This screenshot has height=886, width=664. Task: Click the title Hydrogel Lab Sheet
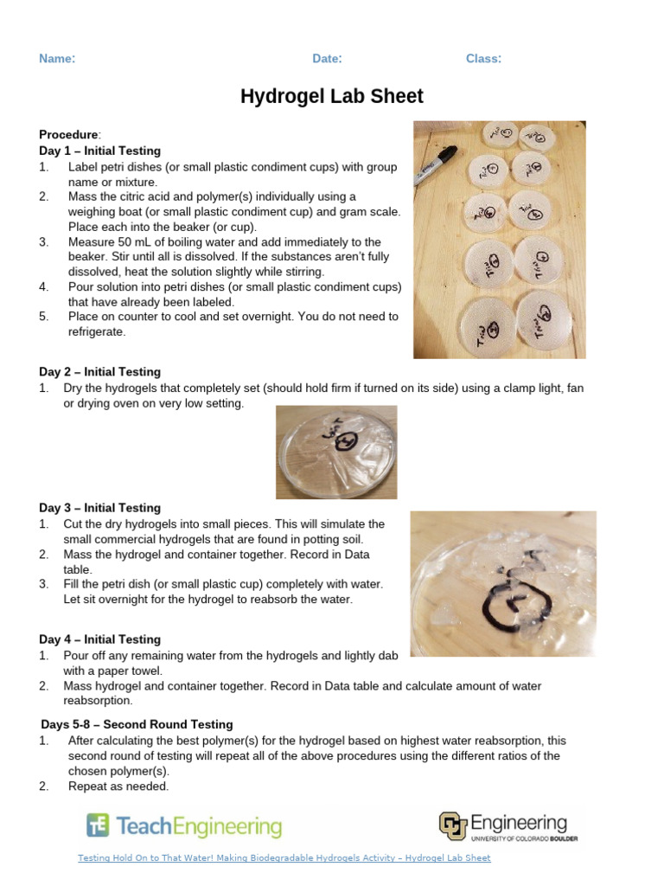(x=332, y=96)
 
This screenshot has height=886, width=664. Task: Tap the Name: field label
(x=57, y=59)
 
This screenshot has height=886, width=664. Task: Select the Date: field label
(x=327, y=59)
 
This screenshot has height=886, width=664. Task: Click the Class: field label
(x=483, y=59)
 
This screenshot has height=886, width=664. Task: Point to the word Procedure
(x=68, y=135)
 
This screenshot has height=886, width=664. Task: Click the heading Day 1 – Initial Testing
(x=99, y=151)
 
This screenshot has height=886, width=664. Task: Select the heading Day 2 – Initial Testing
(x=99, y=372)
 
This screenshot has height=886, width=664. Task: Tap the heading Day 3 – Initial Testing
(x=99, y=508)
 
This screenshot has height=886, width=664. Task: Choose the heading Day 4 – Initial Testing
(x=99, y=639)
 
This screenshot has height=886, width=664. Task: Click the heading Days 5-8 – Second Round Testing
(x=137, y=724)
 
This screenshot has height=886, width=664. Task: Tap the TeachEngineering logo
(x=184, y=826)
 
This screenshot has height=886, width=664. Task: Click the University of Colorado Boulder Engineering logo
(x=508, y=826)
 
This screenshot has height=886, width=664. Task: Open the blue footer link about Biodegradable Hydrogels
(x=284, y=858)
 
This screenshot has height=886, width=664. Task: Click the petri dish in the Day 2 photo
(x=336, y=453)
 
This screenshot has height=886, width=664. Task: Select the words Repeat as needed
(x=118, y=786)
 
